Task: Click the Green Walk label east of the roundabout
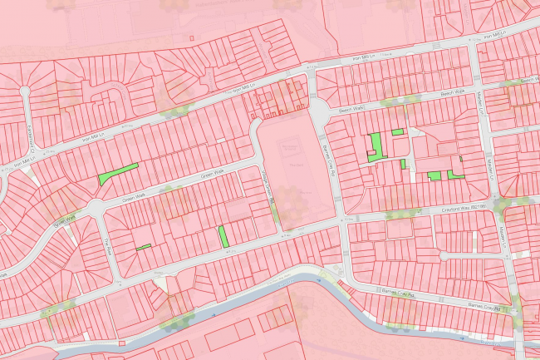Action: coord(214,174)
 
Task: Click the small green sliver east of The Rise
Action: coord(144,247)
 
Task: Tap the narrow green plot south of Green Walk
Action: coord(223,236)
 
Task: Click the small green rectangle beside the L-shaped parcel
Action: coord(397,132)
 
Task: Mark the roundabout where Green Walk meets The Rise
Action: coord(96,206)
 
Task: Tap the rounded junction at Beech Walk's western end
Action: coord(318,109)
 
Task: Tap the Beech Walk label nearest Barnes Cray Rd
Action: coord(352,109)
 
